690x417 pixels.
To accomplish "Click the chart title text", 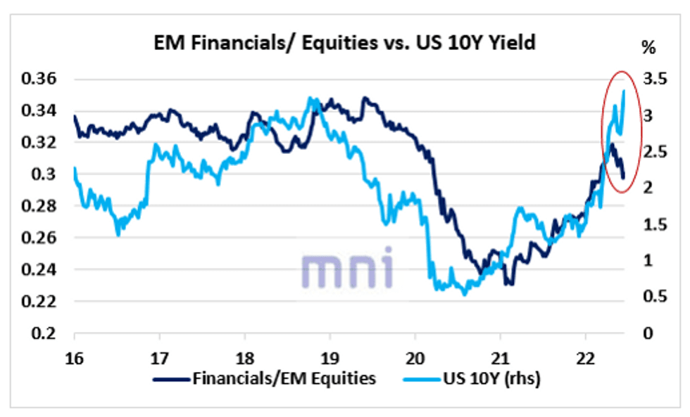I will click(x=345, y=43).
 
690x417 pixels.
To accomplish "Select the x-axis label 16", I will click(x=75, y=355).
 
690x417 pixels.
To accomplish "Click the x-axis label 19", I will click(x=330, y=355).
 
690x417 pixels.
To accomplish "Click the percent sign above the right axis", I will click(x=648, y=49).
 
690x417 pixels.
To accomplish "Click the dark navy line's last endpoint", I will click(x=623, y=178).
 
